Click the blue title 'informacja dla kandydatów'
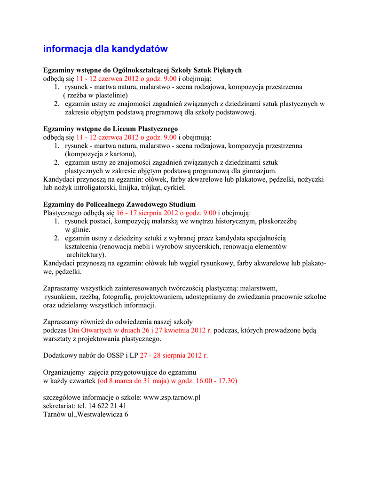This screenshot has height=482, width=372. point(105,49)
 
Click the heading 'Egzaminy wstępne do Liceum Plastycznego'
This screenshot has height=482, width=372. point(111,129)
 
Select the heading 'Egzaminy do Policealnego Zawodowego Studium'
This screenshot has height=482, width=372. point(119,204)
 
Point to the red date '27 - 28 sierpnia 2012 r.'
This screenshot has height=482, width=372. point(174,355)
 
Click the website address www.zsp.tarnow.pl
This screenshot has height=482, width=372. point(172,397)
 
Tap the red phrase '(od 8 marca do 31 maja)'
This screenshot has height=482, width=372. point(133,380)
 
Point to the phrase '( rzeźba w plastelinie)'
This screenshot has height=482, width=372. point(95,95)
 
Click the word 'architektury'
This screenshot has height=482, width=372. point(86,255)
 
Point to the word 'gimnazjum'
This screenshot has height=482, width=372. point(260,171)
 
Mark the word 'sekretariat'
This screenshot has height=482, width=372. point(59,406)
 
